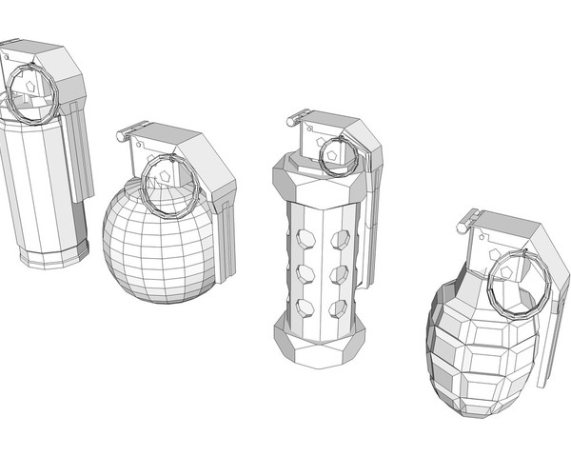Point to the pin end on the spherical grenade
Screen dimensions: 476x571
pos(122,136)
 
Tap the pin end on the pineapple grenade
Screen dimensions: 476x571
pos(463,227)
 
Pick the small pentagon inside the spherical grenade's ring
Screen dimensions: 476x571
pos(164,177)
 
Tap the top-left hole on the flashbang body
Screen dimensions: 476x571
pos(305,238)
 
